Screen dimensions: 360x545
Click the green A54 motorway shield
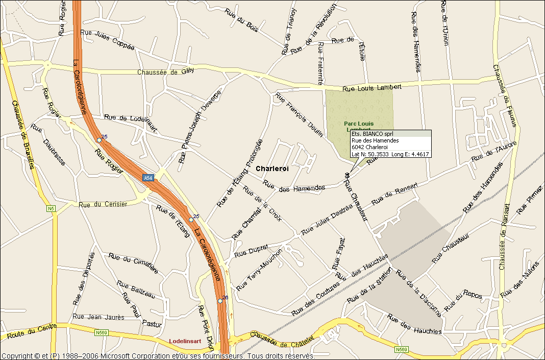pyautogui.click(x=148, y=178)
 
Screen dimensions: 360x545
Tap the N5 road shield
pyautogui.click(x=51, y=208)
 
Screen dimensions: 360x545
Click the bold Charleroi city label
pyautogui.click(x=272, y=169)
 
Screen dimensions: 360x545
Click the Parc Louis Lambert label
pyautogui.click(x=358, y=124)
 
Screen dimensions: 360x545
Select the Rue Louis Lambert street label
pyautogui.click(x=371, y=87)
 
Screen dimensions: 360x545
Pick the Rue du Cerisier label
pyautogui.click(x=102, y=204)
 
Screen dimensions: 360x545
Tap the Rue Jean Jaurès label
pyautogui.click(x=98, y=317)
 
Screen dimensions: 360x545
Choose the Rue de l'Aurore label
pyautogui.click(x=493, y=152)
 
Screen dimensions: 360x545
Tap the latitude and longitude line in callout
pyautogui.click(x=390, y=154)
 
